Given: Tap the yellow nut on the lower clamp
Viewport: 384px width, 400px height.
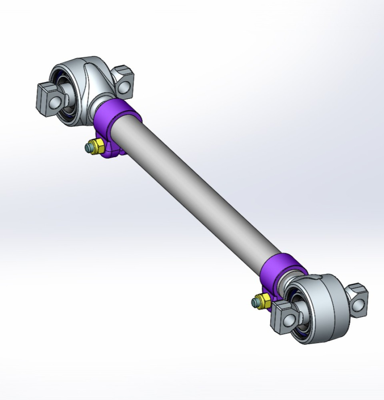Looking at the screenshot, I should (x=263, y=300).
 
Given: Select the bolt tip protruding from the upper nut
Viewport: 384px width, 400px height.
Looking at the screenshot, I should (x=88, y=148).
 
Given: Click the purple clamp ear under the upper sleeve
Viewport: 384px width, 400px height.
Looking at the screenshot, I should (x=112, y=150).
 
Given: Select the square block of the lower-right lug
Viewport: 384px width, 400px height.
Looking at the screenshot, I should (x=358, y=298).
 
